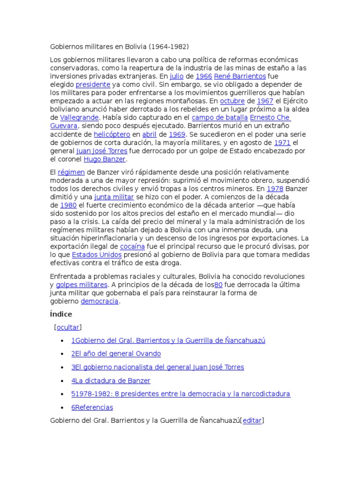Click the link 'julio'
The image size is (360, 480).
tap(176, 76)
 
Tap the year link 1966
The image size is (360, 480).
tap(204, 76)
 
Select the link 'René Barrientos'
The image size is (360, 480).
tap(240, 76)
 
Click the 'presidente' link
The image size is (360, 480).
tap(93, 84)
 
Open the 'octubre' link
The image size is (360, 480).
tap(232, 101)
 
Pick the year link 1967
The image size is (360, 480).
tap(265, 101)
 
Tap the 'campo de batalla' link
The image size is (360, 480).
tap(219, 117)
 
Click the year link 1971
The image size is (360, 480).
tap(283, 142)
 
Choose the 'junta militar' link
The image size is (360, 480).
tap(114, 197)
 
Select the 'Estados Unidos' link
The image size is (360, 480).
tap(97, 255)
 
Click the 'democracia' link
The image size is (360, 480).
tap(100, 301)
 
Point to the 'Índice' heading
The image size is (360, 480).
tap(61, 314)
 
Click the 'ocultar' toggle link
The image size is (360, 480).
tap(68, 327)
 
